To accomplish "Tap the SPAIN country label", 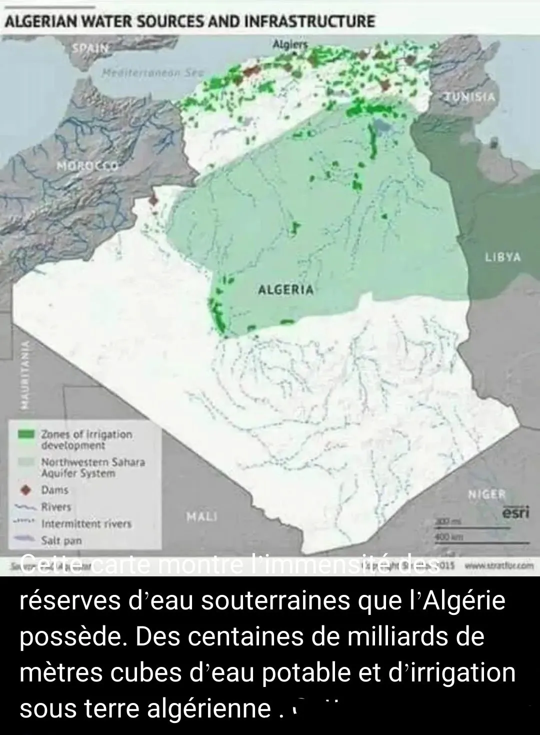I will pyautogui.click(x=90, y=49).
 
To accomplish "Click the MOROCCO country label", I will pyautogui.click(x=87, y=166).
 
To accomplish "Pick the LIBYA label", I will pyautogui.click(x=502, y=257).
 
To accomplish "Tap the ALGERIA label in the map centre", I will pyautogui.click(x=286, y=289).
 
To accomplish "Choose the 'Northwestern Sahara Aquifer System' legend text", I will pyautogui.click(x=92, y=467).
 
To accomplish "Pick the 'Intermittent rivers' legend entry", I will pyautogui.click(x=86, y=524).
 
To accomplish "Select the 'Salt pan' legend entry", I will pyautogui.click(x=61, y=540).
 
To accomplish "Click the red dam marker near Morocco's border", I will pyautogui.click(x=154, y=201).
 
